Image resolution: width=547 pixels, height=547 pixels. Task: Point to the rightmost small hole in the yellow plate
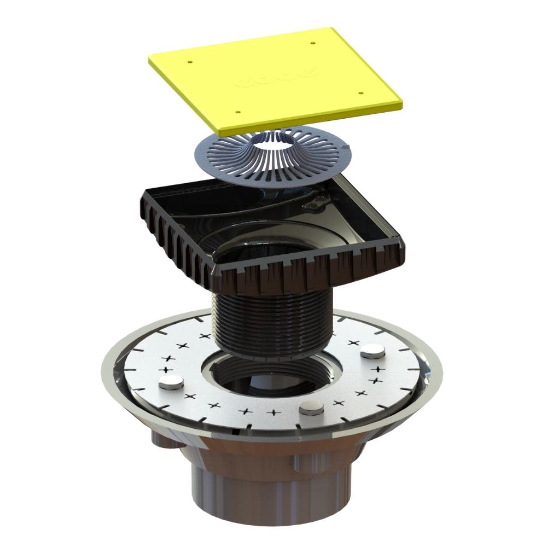[x=360, y=92]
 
